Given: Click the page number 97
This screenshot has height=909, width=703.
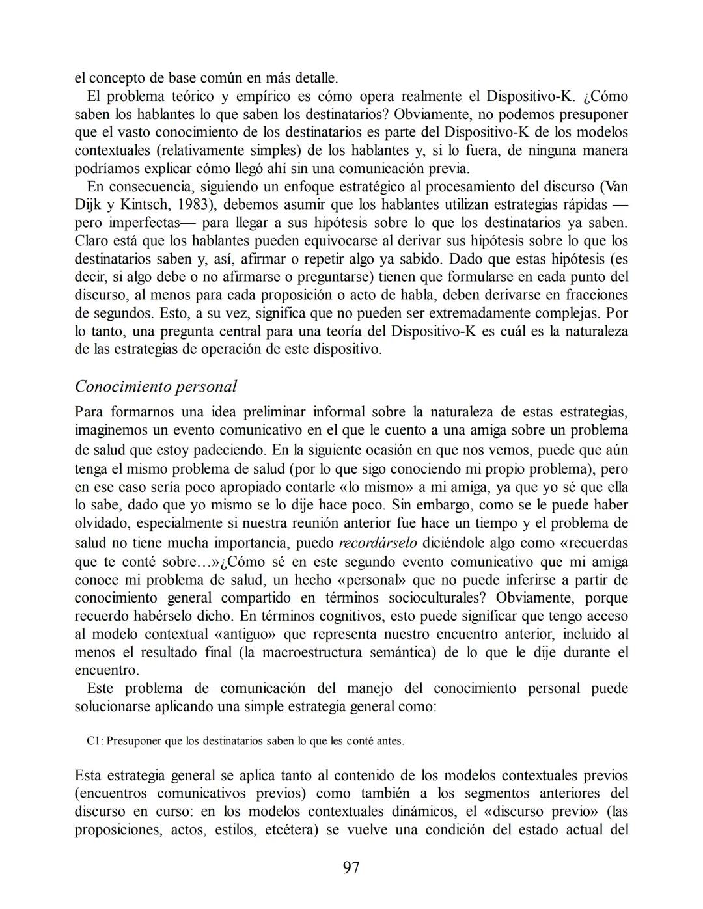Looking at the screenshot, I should (351, 867).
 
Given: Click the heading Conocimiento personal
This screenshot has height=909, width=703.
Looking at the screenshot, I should (156, 387).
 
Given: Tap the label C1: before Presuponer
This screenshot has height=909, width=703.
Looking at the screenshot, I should (94, 741).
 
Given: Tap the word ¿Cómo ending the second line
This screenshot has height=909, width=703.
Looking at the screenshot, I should (605, 96).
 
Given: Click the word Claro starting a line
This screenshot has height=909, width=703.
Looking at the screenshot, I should (92, 241).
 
